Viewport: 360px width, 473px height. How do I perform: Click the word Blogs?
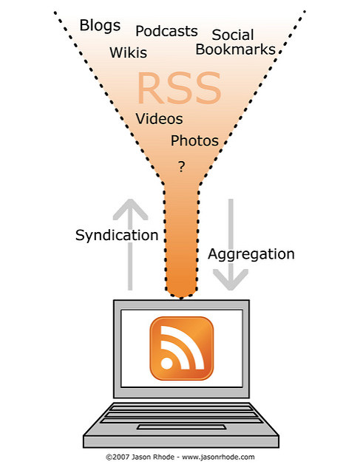point(100,26)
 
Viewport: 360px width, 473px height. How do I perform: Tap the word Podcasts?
point(166,31)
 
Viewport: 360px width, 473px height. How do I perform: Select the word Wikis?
point(128,52)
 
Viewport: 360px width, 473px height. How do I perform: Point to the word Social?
point(233,35)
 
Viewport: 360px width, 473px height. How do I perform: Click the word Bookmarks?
point(236,50)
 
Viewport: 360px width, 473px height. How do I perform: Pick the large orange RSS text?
point(179,88)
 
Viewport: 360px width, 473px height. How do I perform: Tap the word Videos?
point(159,118)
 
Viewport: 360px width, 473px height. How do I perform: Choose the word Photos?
point(194,140)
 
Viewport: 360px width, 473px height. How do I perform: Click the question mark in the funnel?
point(181,166)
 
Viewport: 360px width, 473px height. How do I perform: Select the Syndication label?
point(117,235)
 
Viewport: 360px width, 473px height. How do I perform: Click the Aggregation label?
point(251,254)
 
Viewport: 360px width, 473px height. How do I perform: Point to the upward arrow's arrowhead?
point(130,208)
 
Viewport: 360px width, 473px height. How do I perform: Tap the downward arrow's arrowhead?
point(231,280)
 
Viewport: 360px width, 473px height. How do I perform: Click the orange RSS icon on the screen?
point(182,348)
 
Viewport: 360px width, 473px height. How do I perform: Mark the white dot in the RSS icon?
point(166,363)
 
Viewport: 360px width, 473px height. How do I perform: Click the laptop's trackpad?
point(181,427)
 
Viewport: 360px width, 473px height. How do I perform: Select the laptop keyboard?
point(181,414)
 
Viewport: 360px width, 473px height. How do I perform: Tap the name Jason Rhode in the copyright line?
point(153,457)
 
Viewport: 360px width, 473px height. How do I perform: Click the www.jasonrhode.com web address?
point(218,457)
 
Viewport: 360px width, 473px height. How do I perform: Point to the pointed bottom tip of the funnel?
point(181,299)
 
